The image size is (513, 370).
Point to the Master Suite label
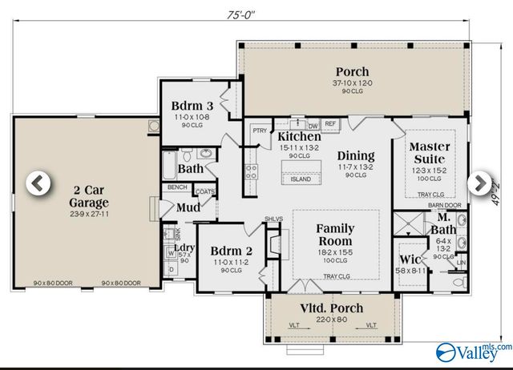[430, 153]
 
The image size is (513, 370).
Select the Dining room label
[356, 155]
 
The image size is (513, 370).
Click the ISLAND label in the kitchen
[301, 179]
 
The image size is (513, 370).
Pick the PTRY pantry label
[259, 131]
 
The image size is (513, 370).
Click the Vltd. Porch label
[332, 308]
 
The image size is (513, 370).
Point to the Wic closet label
[410, 259]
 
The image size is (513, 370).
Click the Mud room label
[189, 207]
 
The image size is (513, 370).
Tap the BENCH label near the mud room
[177, 187]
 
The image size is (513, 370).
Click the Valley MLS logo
[473, 351]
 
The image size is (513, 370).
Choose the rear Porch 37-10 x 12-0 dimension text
[353, 82]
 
